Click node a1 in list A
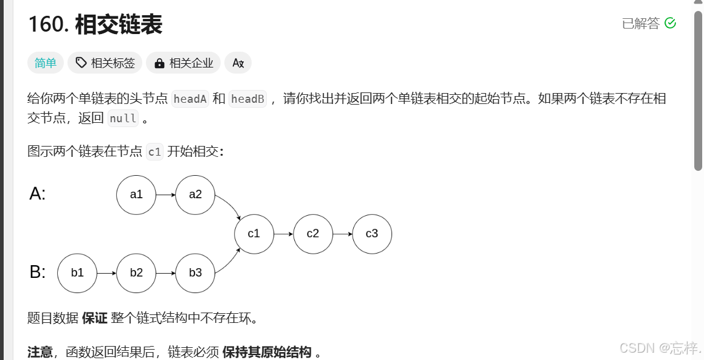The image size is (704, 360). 136,195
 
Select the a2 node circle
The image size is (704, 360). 195,195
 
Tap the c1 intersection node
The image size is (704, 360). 254,234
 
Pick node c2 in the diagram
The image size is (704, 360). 312,234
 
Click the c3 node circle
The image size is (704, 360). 371,234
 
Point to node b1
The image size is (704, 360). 77,273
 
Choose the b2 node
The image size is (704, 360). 136,273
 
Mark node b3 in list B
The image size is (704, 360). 195,273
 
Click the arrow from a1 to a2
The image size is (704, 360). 165,195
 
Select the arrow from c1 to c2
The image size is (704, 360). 283,234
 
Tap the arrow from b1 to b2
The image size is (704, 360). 106,273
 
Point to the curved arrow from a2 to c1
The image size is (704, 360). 232,207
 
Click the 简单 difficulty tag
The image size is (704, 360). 46,63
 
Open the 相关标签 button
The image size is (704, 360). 105,63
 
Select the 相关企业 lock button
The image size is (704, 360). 184,63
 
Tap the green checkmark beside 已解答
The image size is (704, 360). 671,23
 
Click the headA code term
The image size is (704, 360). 190,99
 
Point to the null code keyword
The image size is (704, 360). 123,119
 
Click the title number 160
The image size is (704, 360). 48,25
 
